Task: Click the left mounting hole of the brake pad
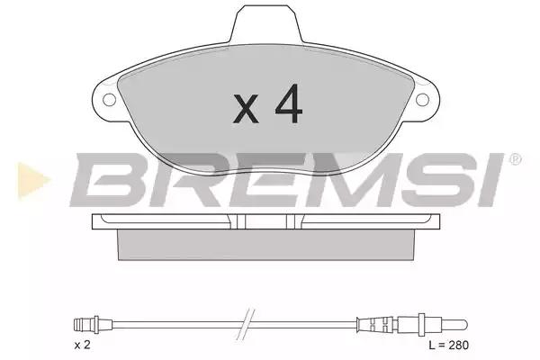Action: [109, 100]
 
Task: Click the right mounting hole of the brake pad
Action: [422, 100]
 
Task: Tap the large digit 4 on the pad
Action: [289, 103]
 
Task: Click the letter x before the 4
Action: [246, 109]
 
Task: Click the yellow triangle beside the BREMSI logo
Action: [33, 180]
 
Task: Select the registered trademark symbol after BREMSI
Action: [515, 159]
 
